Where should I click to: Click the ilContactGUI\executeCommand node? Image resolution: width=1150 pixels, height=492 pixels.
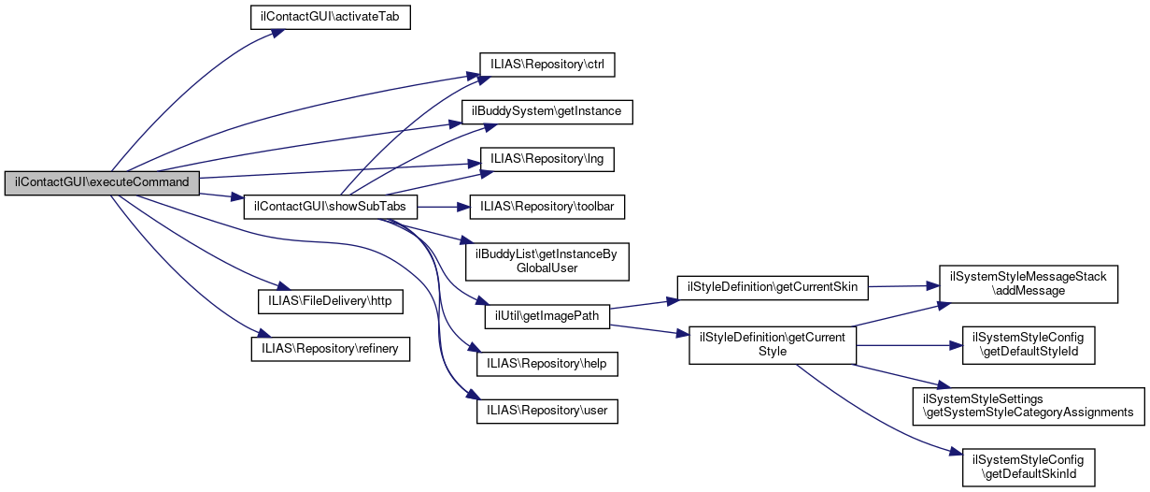(x=102, y=182)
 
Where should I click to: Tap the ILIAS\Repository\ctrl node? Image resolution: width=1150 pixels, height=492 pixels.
(x=547, y=65)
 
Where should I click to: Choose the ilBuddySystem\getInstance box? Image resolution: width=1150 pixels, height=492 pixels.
(x=547, y=111)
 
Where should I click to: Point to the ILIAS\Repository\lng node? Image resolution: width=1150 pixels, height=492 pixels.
(x=547, y=159)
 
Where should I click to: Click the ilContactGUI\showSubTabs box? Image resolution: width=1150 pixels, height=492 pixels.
(x=330, y=206)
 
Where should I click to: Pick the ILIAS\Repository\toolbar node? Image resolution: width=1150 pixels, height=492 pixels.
(x=547, y=206)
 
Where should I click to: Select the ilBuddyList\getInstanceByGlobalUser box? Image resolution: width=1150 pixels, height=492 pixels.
(x=547, y=260)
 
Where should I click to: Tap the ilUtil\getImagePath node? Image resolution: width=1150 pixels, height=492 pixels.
(x=547, y=316)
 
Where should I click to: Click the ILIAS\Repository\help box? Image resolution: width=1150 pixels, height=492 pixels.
(x=547, y=363)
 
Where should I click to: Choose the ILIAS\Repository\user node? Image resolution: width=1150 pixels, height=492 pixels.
(x=547, y=411)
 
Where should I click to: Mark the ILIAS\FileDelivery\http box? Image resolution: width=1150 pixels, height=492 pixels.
(x=330, y=301)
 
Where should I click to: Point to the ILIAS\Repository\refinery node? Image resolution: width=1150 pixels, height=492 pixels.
(x=330, y=348)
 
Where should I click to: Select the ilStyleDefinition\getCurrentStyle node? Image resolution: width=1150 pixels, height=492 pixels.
(x=772, y=344)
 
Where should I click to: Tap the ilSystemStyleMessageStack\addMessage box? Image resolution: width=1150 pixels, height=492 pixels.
(x=1028, y=284)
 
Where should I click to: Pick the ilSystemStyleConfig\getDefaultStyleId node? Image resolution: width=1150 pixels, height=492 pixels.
(x=1028, y=344)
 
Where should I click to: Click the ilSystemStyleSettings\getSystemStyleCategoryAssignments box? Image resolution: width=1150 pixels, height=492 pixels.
(x=1028, y=405)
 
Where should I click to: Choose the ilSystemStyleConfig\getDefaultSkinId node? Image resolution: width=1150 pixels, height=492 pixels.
(x=1028, y=466)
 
